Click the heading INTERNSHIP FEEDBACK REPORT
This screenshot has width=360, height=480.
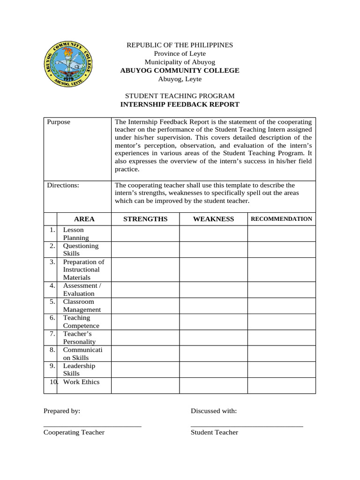(180, 105)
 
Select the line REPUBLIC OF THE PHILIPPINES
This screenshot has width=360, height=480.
(180, 45)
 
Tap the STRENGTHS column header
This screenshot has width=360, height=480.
(145, 219)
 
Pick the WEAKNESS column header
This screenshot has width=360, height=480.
(213, 219)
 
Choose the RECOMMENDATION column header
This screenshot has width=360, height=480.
(281, 219)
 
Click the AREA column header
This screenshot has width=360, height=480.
(84, 219)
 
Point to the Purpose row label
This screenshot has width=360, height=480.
(59, 122)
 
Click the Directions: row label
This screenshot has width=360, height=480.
(63, 185)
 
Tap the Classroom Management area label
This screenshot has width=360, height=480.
(82, 306)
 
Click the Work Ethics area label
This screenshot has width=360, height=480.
(81, 382)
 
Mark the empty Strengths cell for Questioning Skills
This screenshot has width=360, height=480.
(145, 249)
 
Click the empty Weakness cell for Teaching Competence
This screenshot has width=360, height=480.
(213, 322)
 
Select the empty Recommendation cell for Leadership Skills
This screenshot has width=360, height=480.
(281, 369)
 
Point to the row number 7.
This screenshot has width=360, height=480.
(52, 334)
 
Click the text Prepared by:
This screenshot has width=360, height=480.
(62, 411)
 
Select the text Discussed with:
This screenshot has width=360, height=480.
(213, 411)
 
